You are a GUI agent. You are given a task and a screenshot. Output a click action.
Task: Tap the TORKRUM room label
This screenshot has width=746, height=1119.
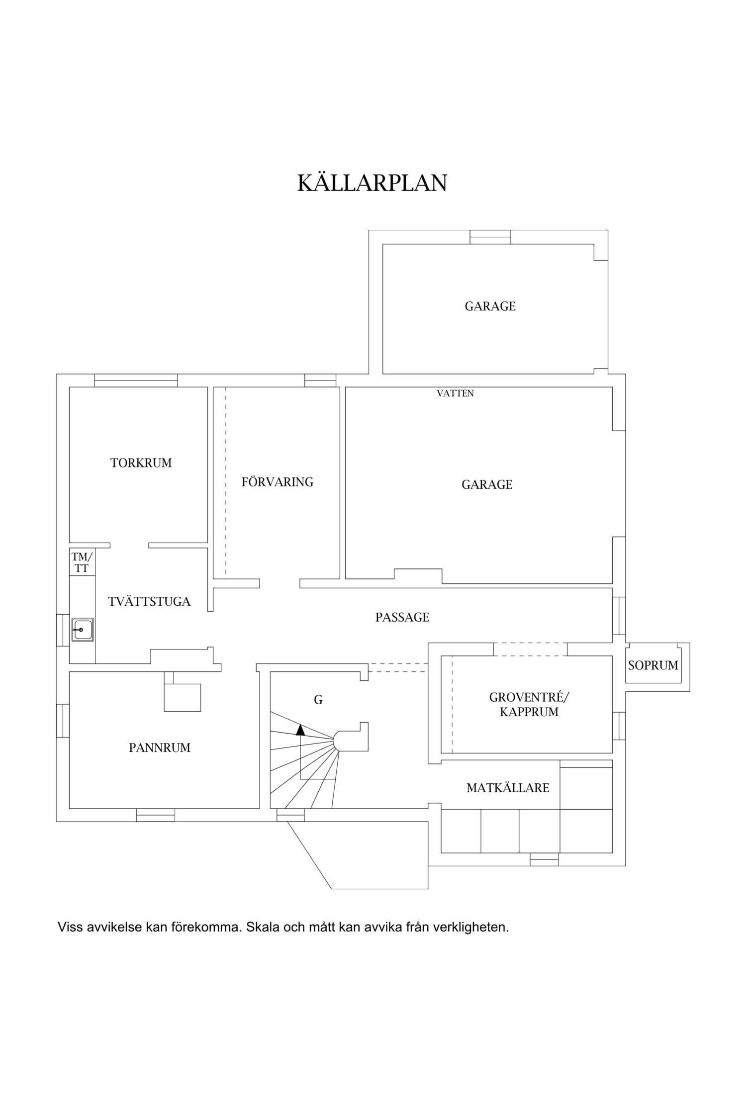141,463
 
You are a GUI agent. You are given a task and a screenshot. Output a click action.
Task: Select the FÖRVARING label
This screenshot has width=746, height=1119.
278,482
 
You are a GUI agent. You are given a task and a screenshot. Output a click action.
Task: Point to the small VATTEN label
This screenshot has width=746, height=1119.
455,393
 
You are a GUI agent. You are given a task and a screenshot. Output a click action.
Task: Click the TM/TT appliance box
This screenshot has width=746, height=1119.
82,562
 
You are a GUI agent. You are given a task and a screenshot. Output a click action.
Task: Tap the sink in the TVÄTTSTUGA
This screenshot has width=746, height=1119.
83,630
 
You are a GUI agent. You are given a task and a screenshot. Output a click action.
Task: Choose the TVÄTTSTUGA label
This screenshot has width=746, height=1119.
149,601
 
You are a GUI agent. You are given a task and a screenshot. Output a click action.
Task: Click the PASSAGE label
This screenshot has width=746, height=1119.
402,617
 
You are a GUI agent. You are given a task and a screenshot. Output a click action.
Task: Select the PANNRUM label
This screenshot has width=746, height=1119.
160,748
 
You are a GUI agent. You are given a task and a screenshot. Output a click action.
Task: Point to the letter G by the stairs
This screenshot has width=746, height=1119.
318,700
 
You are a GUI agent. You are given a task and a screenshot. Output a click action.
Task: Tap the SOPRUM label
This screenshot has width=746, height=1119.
653,665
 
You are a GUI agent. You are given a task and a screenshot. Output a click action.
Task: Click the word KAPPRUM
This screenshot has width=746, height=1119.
529,712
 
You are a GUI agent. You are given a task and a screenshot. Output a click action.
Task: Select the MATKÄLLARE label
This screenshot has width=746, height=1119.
508,788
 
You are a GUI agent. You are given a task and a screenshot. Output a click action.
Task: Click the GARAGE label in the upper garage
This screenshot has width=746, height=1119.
490,306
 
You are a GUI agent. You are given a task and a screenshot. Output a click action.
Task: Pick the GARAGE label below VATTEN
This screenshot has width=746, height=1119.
487,484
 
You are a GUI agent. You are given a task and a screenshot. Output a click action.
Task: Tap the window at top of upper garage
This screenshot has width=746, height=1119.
490,237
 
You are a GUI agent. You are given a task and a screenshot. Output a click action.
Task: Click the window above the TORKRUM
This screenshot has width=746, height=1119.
136,380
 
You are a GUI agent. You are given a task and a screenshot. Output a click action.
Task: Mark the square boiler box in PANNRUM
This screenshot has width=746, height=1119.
183,698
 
